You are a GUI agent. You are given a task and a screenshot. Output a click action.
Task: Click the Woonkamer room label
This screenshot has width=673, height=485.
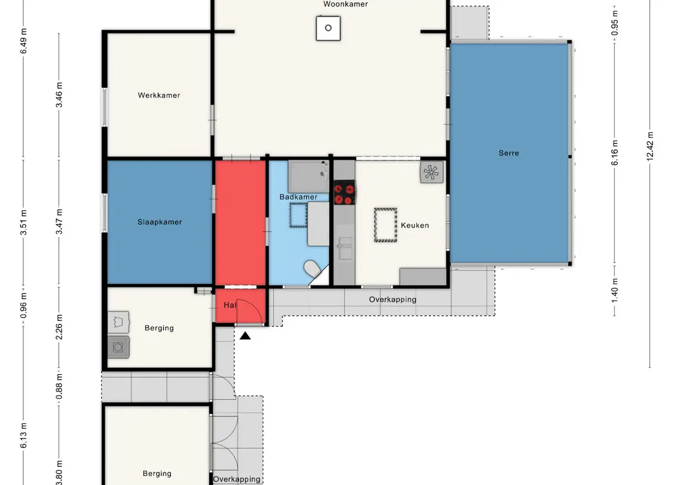pyautogui.click(x=346, y=4)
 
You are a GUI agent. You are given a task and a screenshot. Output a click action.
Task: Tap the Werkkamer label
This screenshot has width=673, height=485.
pyautogui.click(x=159, y=95)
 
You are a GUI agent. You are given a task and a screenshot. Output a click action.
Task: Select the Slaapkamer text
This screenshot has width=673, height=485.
pyautogui.click(x=160, y=222)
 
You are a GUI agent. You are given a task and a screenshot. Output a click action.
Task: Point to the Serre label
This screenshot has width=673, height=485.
pyautogui.click(x=508, y=153)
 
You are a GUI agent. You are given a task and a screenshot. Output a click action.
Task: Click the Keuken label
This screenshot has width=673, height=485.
pyautogui.click(x=414, y=225)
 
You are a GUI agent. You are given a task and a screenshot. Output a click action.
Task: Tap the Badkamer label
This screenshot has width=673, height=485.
pyautogui.click(x=299, y=197)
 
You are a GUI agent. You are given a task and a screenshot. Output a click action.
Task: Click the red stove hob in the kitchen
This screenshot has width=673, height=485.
pyautogui.click(x=344, y=192)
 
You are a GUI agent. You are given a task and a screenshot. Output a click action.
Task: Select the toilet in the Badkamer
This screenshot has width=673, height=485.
pyautogui.click(x=313, y=269)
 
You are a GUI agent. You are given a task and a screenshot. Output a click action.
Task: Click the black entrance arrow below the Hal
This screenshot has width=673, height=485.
pyautogui.click(x=245, y=336)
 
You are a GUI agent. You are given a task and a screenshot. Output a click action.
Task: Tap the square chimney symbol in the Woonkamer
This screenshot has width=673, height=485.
pyautogui.click(x=329, y=28)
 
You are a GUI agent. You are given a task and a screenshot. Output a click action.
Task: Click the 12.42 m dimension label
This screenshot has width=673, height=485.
pyautogui.click(x=650, y=147)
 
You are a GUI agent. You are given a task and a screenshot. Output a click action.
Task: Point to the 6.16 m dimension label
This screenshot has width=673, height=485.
pyautogui.click(x=615, y=152)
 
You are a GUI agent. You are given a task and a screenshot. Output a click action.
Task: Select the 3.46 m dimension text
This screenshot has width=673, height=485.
pyautogui.click(x=59, y=95)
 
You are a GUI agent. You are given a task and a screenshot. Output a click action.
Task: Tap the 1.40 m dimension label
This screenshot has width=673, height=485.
pyautogui.click(x=615, y=290)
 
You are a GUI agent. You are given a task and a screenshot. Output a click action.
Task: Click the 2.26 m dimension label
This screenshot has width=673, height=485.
pyautogui.click(x=59, y=327)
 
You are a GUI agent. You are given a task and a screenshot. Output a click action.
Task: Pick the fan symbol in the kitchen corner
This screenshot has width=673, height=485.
pyautogui.click(x=431, y=172)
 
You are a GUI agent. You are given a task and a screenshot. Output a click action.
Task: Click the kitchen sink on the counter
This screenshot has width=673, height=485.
pyautogui.click(x=345, y=249)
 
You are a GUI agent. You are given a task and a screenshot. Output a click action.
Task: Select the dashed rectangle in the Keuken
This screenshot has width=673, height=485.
pyautogui.click(x=386, y=225)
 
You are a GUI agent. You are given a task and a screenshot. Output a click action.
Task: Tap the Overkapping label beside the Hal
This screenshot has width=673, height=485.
pyautogui.click(x=393, y=300)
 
